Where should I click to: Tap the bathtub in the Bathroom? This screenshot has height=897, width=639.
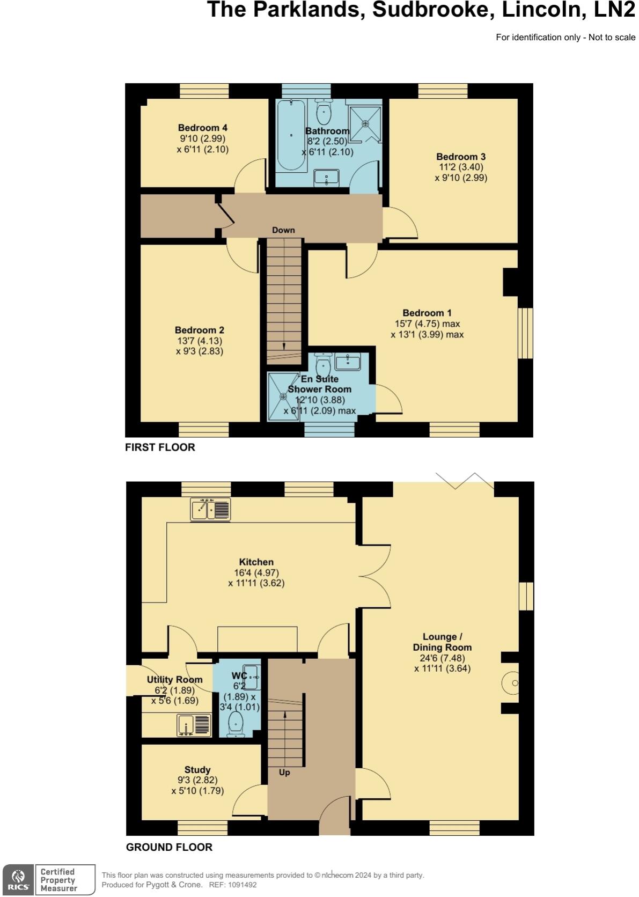pyautogui.click(x=291, y=135)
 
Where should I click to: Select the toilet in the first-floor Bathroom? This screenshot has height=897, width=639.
pyautogui.click(x=324, y=112)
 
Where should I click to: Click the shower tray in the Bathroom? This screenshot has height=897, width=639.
pyautogui.click(x=365, y=124)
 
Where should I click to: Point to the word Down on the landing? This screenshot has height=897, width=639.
pyautogui.click(x=283, y=230)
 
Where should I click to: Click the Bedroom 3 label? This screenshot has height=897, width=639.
pyautogui.click(x=461, y=157)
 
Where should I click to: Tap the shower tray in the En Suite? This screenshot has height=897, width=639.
pyautogui.click(x=283, y=396)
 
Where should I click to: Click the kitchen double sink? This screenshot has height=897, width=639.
pyautogui.click(x=210, y=509)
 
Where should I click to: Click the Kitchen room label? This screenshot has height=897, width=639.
pyautogui.click(x=256, y=562)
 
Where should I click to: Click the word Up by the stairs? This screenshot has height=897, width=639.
pyautogui.click(x=284, y=773)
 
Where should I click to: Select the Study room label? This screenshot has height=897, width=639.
pyautogui.click(x=197, y=770)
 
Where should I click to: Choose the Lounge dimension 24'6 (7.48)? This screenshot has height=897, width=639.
pyautogui.click(x=442, y=658)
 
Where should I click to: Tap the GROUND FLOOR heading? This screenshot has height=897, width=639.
pyautogui.click(x=169, y=847)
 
